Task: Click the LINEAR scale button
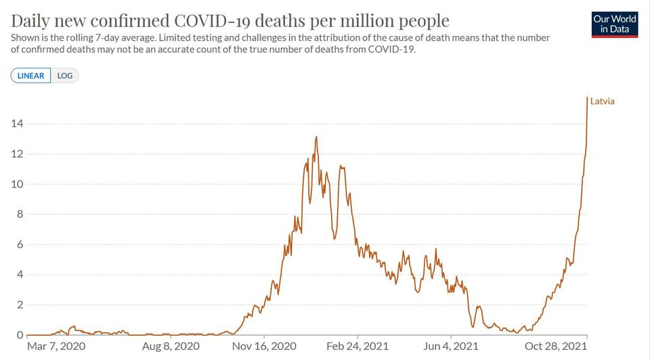30,76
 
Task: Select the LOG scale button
65,76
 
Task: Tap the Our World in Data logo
614,24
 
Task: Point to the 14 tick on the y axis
17,123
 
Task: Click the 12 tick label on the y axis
17,154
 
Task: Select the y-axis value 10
17,184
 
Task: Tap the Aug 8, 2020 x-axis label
171,346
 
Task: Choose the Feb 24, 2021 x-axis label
357,346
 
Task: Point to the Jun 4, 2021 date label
451,346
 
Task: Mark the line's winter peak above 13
316,137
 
